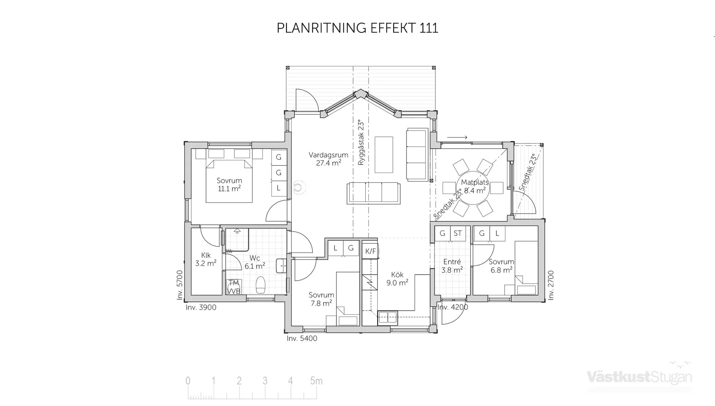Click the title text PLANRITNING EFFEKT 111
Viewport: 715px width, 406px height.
tap(357, 28)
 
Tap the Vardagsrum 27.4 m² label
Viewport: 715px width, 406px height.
tap(328, 159)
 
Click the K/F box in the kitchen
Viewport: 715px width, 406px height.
tap(370, 251)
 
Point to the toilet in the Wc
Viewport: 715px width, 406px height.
tap(261, 285)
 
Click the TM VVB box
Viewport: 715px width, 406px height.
tap(234, 287)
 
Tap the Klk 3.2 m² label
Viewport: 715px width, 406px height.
tap(206, 259)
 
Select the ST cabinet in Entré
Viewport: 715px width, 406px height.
tap(458, 233)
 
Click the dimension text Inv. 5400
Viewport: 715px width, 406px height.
tap(302, 339)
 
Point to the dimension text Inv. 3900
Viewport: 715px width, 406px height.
tap(201, 308)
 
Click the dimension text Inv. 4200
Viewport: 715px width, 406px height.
tap(452, 307)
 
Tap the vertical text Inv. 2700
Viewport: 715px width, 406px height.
tap(551, 285)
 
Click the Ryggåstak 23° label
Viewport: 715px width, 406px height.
tap(360, 142)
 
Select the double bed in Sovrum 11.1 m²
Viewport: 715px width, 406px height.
tap(229, 182)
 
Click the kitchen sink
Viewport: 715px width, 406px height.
tap(387, 318)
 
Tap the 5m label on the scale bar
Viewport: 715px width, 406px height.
tap(316, 381)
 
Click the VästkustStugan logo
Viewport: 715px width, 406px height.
tap(639, 377)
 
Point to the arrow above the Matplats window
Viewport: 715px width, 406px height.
tap(457, 138)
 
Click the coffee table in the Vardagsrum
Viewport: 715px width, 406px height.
tap(384, 155)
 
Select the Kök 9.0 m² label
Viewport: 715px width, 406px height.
tap(397, 279)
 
